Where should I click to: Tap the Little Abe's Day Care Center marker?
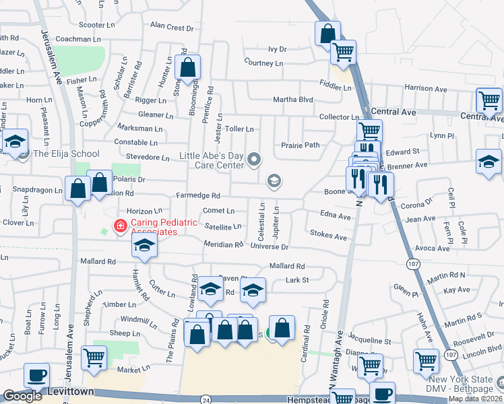[x=254, y=160]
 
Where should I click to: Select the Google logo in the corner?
[x=22, y=396]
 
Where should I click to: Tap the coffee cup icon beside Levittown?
[x=36, y=374]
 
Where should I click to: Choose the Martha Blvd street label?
[x=293, y=100]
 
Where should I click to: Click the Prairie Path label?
[x=300, y=145]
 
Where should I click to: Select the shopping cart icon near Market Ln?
[x=94, y=357]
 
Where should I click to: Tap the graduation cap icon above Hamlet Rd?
[x=144, y=246]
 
